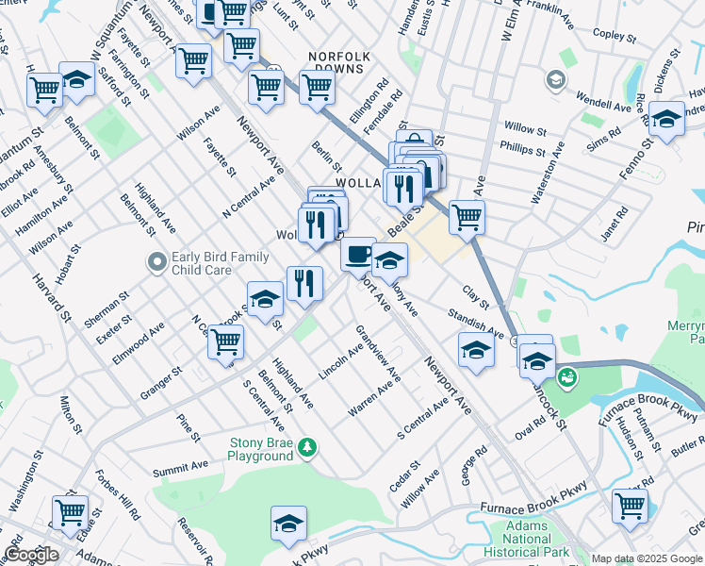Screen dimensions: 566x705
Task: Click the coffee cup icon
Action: (x=358, y=253)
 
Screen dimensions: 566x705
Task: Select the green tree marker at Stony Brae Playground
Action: (x=308, y=447)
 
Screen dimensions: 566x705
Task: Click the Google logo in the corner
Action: (x=30, y=555)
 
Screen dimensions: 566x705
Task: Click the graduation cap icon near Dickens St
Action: (x=666, y=119)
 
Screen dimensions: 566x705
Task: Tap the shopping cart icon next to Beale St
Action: (x=467, y=217)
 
